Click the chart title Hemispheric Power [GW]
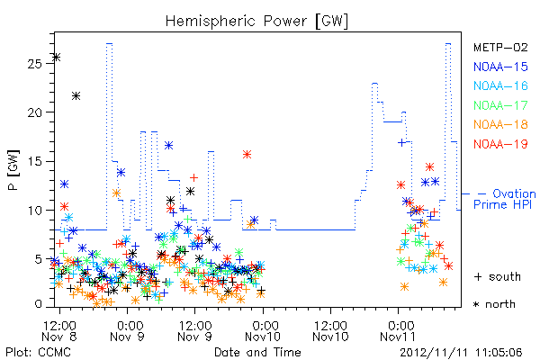[256, 22]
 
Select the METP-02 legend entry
[500, 47]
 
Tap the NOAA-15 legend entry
[500, 67]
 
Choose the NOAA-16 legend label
[500, 85]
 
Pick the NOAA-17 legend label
[500, 105]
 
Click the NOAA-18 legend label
[500, 124]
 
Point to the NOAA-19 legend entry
[500, 144]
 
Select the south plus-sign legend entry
[498, 276]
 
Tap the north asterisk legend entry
[494, 304]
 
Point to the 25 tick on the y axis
[34, 64]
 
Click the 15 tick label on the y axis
[34, 161]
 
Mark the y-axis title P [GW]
[13, 170]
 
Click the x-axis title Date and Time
[257, 352]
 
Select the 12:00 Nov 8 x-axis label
[59, 331]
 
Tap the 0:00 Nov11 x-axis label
[398, 331]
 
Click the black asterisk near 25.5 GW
[57, 58]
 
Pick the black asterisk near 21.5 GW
[76, 95]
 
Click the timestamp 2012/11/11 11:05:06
[461, 353]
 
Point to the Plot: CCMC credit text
[38, 353]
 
